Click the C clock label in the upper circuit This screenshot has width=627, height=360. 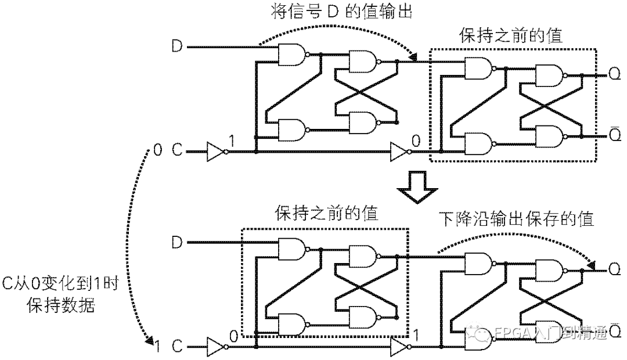(x=176, y=152)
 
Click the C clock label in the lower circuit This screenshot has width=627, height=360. (x=176, y=347)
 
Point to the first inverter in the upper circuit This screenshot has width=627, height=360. (x=216, y=152)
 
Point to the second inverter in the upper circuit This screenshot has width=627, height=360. (x=400, y=152)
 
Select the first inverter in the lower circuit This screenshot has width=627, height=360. (x=216, y=347)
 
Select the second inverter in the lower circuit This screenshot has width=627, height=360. (x=400, y=347)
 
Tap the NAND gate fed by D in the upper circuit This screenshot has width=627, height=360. (x=293, y=55)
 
